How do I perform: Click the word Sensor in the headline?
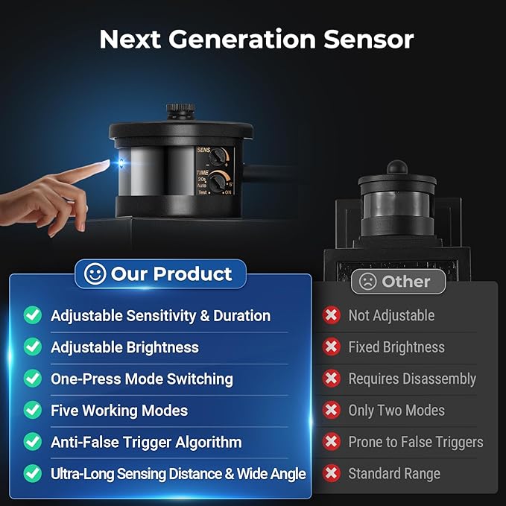pyautogui.click(x=369, y=39)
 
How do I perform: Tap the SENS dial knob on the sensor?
pyautogui.click(x=218, y=157)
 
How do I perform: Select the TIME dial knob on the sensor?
pyautogui.click(x=218, y=182)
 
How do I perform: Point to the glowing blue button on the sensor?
pyautogui.click(x=122, y=163)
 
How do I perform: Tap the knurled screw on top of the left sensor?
pyautogui.click(x=180, y=111)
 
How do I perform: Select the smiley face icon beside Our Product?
pyautogui.click(x=95, y=273)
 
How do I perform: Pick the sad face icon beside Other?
pyautogui.click(x=368, y=282)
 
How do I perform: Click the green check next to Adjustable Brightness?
pyautogui.click(x=33, y=347)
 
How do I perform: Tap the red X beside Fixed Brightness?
pyautogui.click(x=332, y=347)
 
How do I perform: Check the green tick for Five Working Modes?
pyautogui.click(x=33, y=410)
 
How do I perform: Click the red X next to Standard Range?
pyautogui.click(x=332, y=473)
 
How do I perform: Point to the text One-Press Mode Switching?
pyautogui.click(x=142, y=379)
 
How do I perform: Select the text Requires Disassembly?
pyautogui.click(x=412, y=379)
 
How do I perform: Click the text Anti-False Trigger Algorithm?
pyautogui.click(x=146, y=442)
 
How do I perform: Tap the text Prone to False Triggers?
pyautogui.click(x=416, y=442)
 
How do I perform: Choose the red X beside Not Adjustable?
pyautogui.click(x=332, y=315)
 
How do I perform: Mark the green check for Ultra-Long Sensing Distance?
pyautogui.click(x=33, y=473)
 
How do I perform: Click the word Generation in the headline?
pyautogui.click(x=241, y=39)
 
